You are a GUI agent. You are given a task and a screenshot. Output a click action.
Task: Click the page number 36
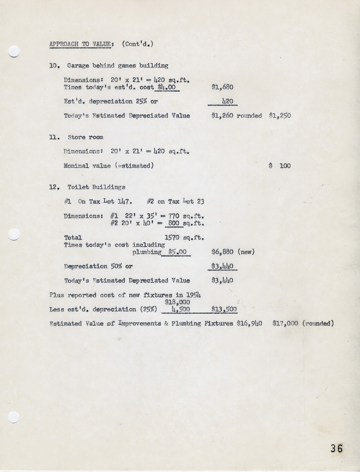point(336,448)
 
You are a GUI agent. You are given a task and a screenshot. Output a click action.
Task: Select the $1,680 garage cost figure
point(222,87)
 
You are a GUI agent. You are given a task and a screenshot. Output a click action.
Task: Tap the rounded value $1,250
point(280,116)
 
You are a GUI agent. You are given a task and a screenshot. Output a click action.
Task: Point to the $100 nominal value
point(280,166)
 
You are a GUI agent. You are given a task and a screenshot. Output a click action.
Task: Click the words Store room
point(85,137)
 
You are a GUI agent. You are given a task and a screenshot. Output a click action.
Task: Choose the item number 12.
point(54,187)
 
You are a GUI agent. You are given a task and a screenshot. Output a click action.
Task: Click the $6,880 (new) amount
point(233,252)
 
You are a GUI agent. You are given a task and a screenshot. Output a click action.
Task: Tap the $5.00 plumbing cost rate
point(176,252)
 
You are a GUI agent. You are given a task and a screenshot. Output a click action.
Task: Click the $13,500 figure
point(224,309)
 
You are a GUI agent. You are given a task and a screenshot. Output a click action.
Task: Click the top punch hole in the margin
point(14,52)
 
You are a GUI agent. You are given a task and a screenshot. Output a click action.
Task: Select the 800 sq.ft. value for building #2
point(173,223)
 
